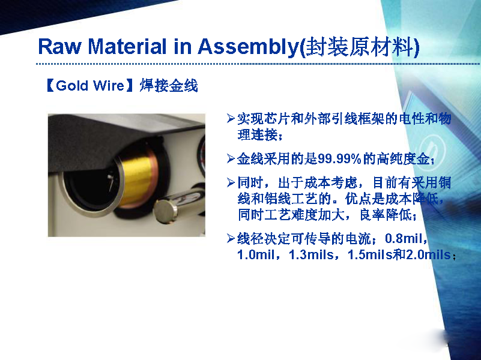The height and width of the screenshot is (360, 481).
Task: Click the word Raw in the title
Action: click(x=60, y=47)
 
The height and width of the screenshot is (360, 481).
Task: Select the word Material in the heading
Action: click(x=127, y=47)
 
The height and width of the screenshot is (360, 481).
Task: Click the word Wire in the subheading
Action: click(x=108, y=85)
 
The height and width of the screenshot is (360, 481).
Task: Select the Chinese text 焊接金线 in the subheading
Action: click(x=169, y=85)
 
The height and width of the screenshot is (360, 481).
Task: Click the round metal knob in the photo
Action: click(x=165, y=212)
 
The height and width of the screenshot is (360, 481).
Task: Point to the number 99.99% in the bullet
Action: click(x=339, y=159)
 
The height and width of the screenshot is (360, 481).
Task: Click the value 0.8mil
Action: click(x=404, y=238)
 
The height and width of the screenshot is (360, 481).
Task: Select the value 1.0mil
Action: click(x=256, y=254)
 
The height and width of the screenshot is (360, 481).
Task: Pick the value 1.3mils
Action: click(x=311, y=254)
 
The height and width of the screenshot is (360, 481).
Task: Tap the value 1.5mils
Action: click(x=370, y=254)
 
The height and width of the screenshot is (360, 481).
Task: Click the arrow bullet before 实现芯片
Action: click(x=231, y=119)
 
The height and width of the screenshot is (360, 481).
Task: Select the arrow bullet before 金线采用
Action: click(x=231, y=159)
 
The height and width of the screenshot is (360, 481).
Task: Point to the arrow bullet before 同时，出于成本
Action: click(x=231, y=182)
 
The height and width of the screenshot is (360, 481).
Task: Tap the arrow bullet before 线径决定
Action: click(x=231, y=238)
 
